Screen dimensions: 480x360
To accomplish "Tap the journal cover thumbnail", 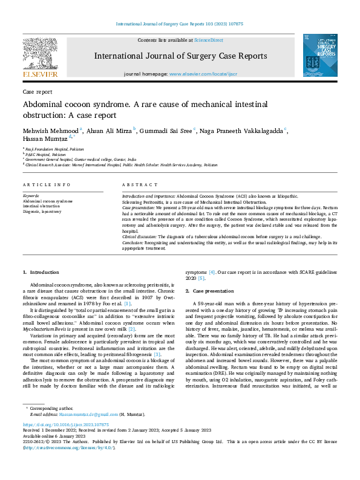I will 319,55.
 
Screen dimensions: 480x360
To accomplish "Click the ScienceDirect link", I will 208,40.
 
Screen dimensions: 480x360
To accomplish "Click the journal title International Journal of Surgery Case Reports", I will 180,56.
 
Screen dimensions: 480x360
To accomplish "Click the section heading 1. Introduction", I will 41,273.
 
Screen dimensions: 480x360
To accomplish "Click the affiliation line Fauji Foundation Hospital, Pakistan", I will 55,148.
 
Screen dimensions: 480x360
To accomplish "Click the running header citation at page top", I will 179,24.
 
